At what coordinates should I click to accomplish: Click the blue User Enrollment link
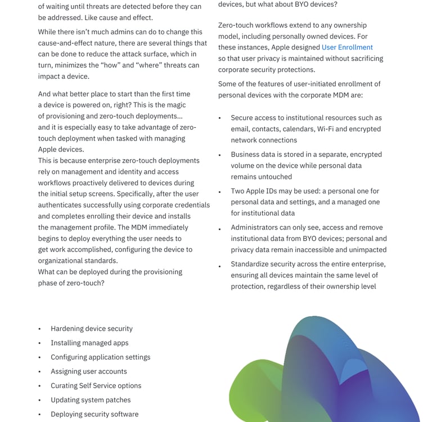click(347, 47)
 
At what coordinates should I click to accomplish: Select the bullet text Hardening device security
click(92, 329)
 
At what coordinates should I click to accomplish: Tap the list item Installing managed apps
click(89, 343)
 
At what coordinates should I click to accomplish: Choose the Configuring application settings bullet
click(100, 357)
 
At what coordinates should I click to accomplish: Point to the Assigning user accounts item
click(89, 371)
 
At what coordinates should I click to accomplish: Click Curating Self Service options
click(96, 385)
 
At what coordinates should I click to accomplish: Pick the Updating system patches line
click(91, 400)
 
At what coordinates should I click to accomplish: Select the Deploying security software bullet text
click(94, 414)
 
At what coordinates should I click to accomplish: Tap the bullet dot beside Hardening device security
click(39, 329)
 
